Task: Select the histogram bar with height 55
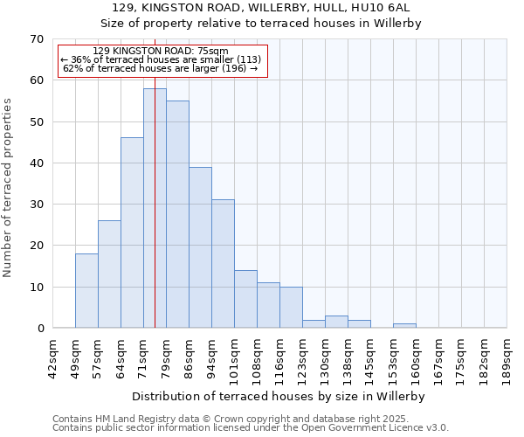pyautogui.click(x=177, y=214)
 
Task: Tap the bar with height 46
pyautogui.click(x=132, y=232)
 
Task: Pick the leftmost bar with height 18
pyautogui.click(x=86, y=290)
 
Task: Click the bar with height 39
pyautogui.click(x=200, y=247)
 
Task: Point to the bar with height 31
pyautogui.click(x=223, y=264)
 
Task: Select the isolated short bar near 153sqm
pyautogui.click(x=404, y=326)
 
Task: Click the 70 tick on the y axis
pyautogui.click(x=37, y=39)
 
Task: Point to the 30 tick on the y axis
pyautogui.click(x=37, y=205)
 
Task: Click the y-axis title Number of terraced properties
pyautogui.click(x=8, y=188)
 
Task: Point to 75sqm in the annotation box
pyautogui.click(x=212, y=51)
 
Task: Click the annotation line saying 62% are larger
pyautogui.click(x=161, y=68)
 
